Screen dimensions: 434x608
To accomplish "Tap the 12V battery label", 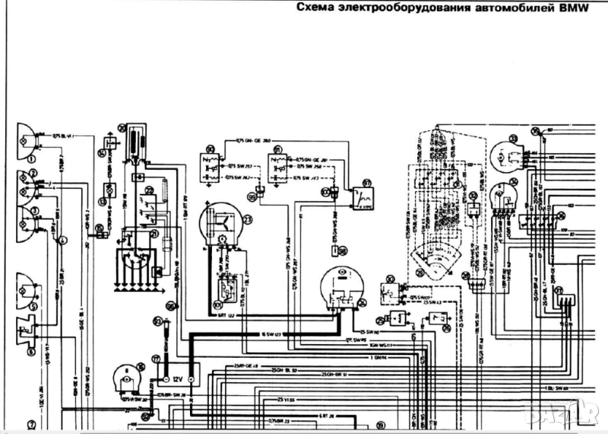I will pos(176,377).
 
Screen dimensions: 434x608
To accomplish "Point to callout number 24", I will pos(362,302).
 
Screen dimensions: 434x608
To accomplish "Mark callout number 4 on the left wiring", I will pos(62,241).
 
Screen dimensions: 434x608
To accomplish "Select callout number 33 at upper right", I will pos(513,138).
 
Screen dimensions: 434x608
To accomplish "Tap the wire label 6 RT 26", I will pos(327,416).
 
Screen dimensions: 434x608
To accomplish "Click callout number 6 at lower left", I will pos(31,351).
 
